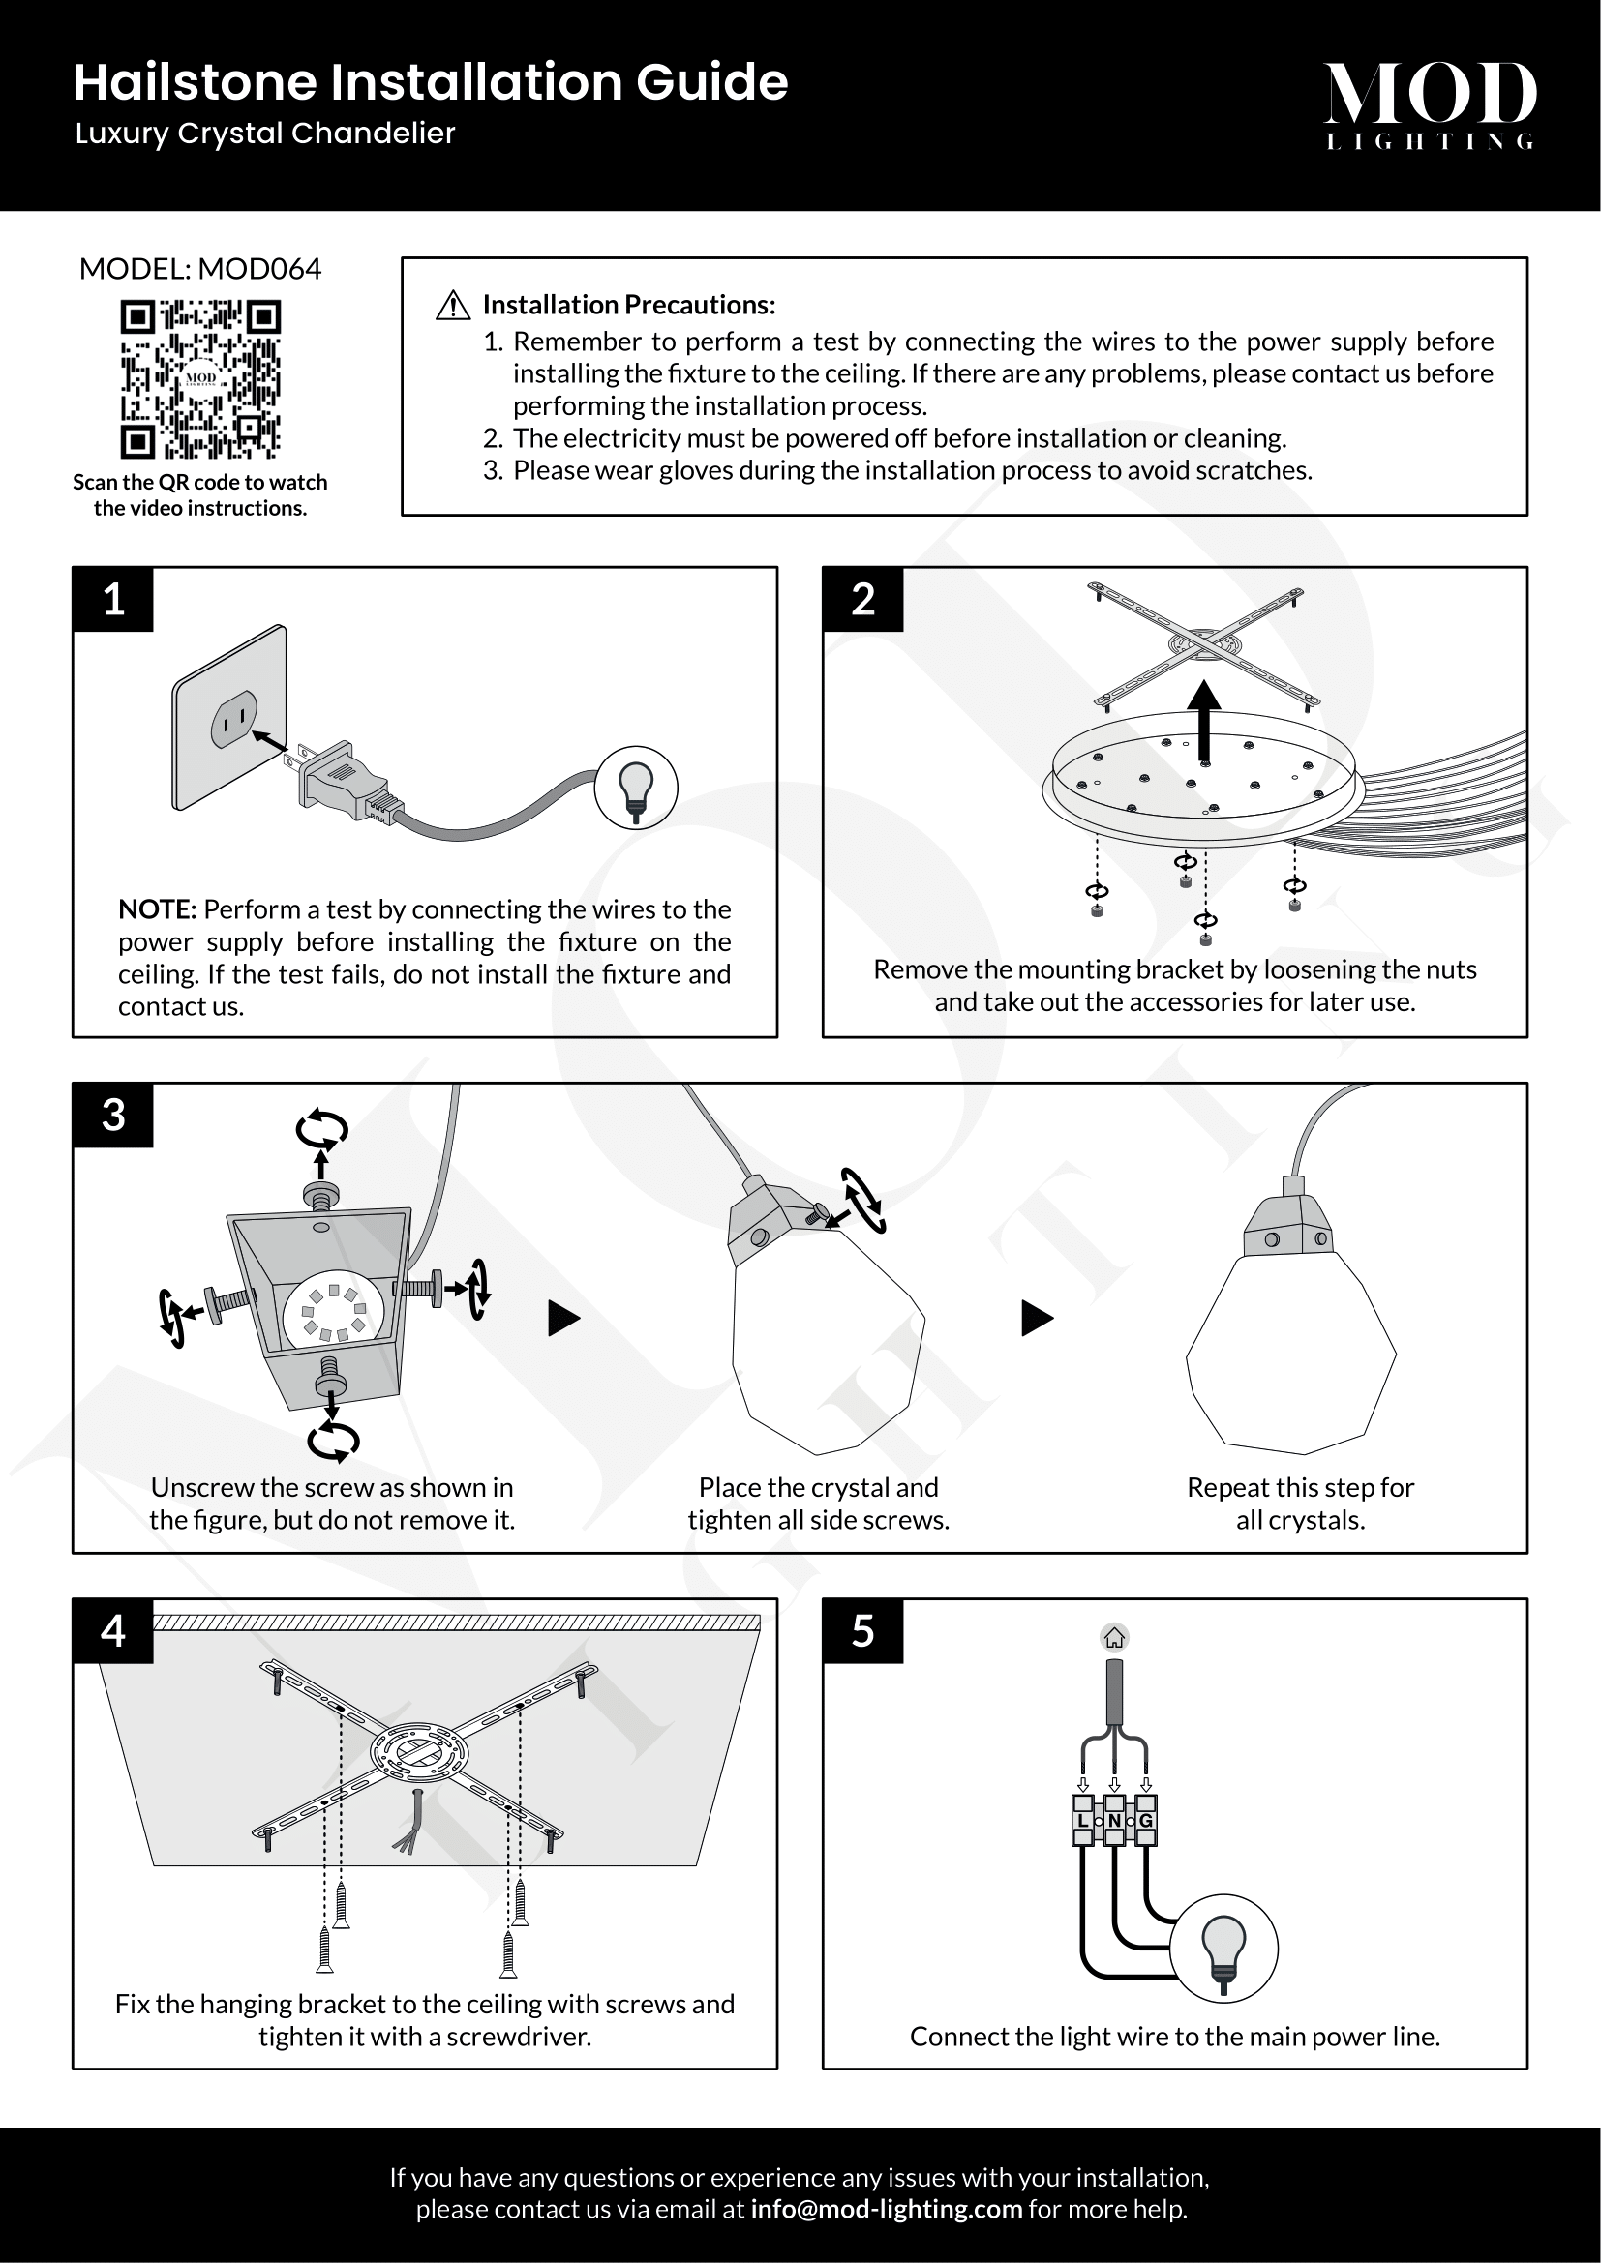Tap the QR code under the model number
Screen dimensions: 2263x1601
(x=200, y=379)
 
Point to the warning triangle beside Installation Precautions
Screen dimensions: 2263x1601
(x=452, y=306)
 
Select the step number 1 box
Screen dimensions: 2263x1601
(x=113, y=599)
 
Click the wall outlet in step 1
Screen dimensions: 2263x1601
(x=229, y=717)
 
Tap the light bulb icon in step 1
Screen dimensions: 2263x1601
(x=636, y=788)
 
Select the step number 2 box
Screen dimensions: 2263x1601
(x=862, y=599)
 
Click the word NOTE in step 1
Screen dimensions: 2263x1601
(x=158, y=908)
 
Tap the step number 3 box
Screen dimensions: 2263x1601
(x=113, y=1115)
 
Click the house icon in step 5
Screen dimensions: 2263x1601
(x=1114, y=1637)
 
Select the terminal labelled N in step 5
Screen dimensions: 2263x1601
(x=1114, y=1821)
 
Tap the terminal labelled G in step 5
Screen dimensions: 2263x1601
(x=1145, y=1821)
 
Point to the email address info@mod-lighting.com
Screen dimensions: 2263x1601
(x=886, y=2209)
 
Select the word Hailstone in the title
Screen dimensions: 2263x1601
(x=195, y=82)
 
